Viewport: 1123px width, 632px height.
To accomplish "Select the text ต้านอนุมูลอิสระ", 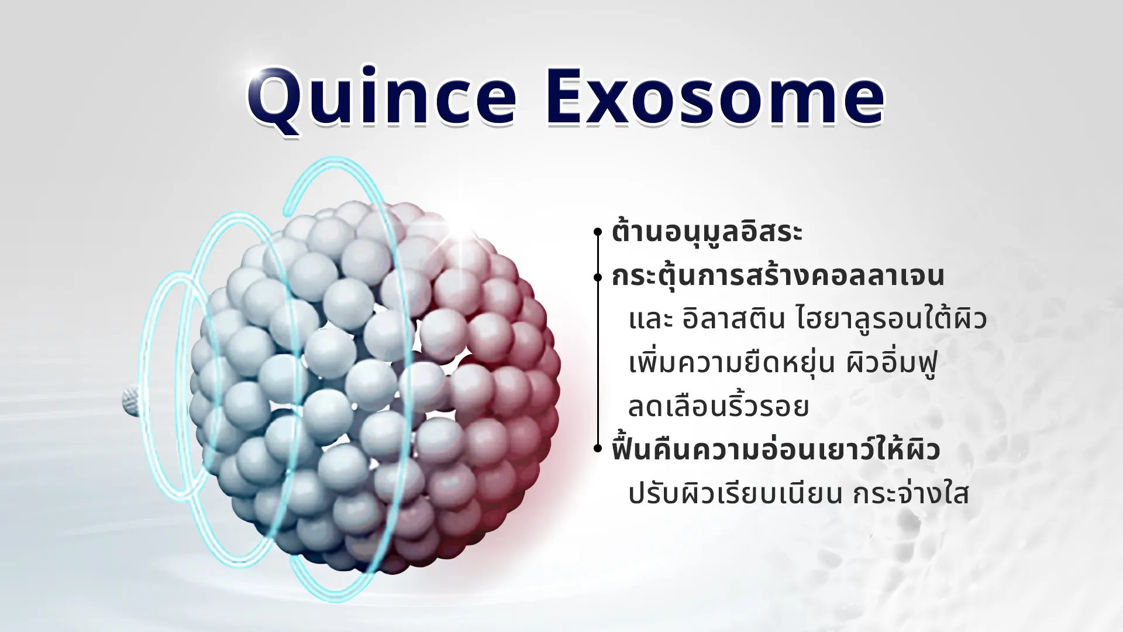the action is [707, 232].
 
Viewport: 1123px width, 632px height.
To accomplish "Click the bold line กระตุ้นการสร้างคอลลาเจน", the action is [778, 275].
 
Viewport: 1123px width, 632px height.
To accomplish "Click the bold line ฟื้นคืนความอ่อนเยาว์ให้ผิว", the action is [776, 449].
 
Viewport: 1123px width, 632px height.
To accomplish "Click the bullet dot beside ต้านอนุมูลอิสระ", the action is [598, 232].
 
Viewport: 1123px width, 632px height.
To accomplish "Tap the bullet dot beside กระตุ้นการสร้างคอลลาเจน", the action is [598, 276].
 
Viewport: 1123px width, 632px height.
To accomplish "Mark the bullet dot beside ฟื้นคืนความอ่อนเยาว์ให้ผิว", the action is [598, 449].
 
